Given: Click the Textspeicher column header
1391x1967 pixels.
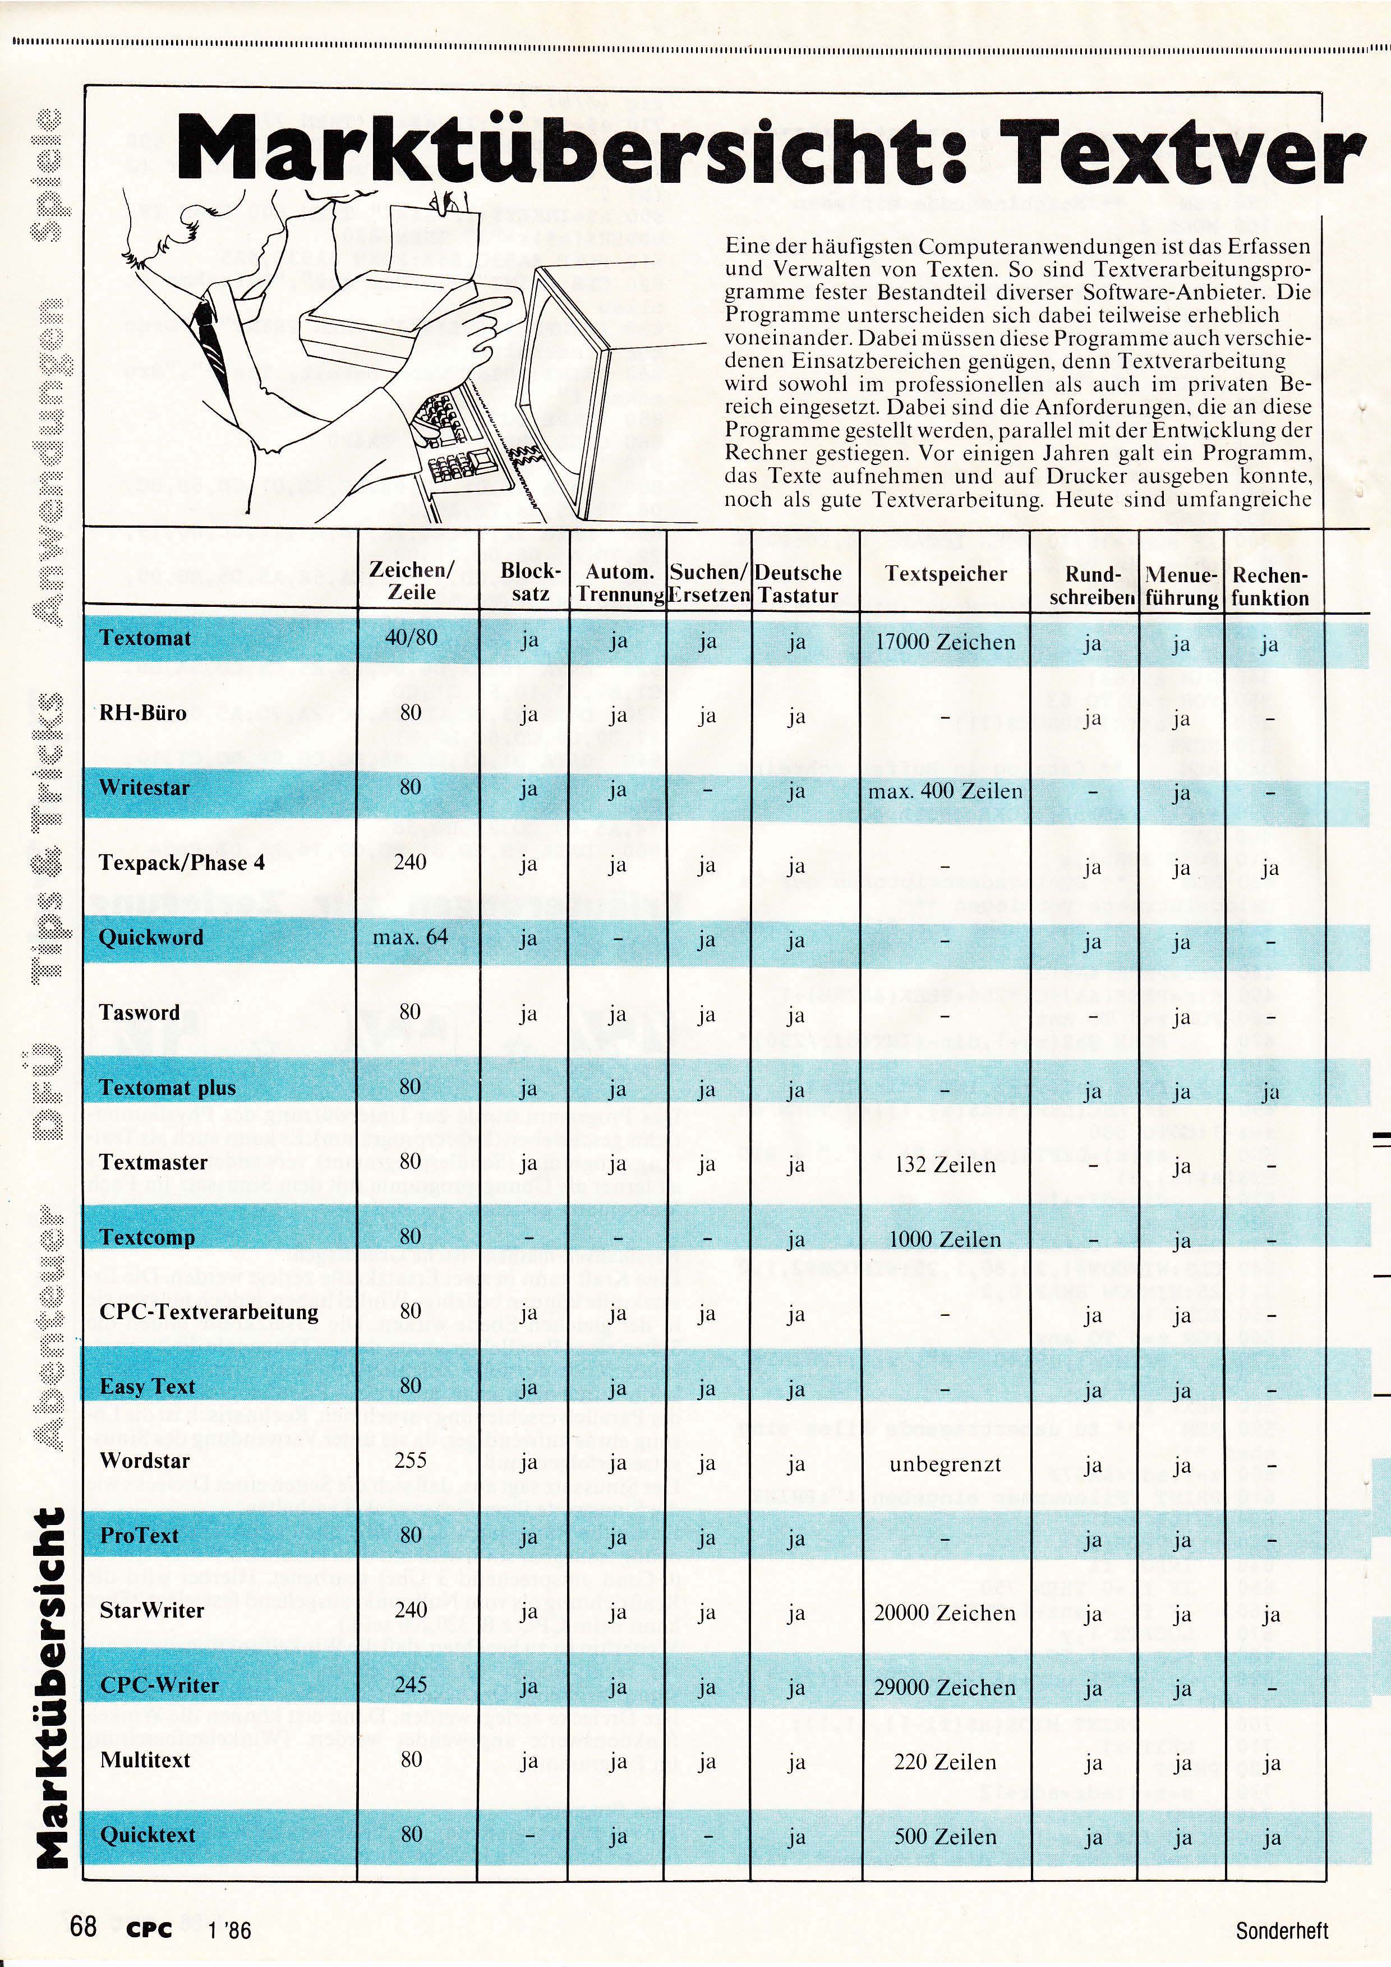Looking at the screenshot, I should tap(946, 574).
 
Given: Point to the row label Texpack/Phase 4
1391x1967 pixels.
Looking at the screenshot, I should tap(182, 863).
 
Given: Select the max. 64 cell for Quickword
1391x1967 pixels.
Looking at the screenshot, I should tap(410, 937).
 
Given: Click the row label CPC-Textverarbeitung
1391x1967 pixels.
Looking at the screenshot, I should tap(209, 1312).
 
